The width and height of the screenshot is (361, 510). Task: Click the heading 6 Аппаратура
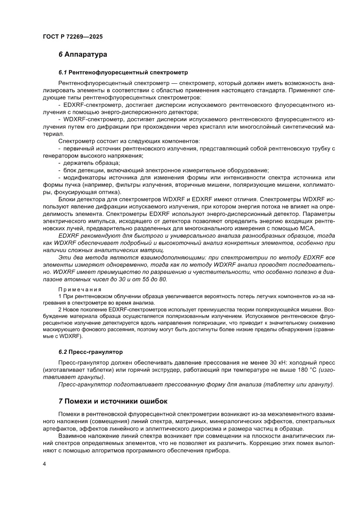click(83, 55)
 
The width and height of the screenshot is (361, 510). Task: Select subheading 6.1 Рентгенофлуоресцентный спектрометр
click(123, 72)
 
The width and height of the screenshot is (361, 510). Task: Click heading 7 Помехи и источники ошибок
click(112, 400)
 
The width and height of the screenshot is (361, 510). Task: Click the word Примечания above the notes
click(80, 289)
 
